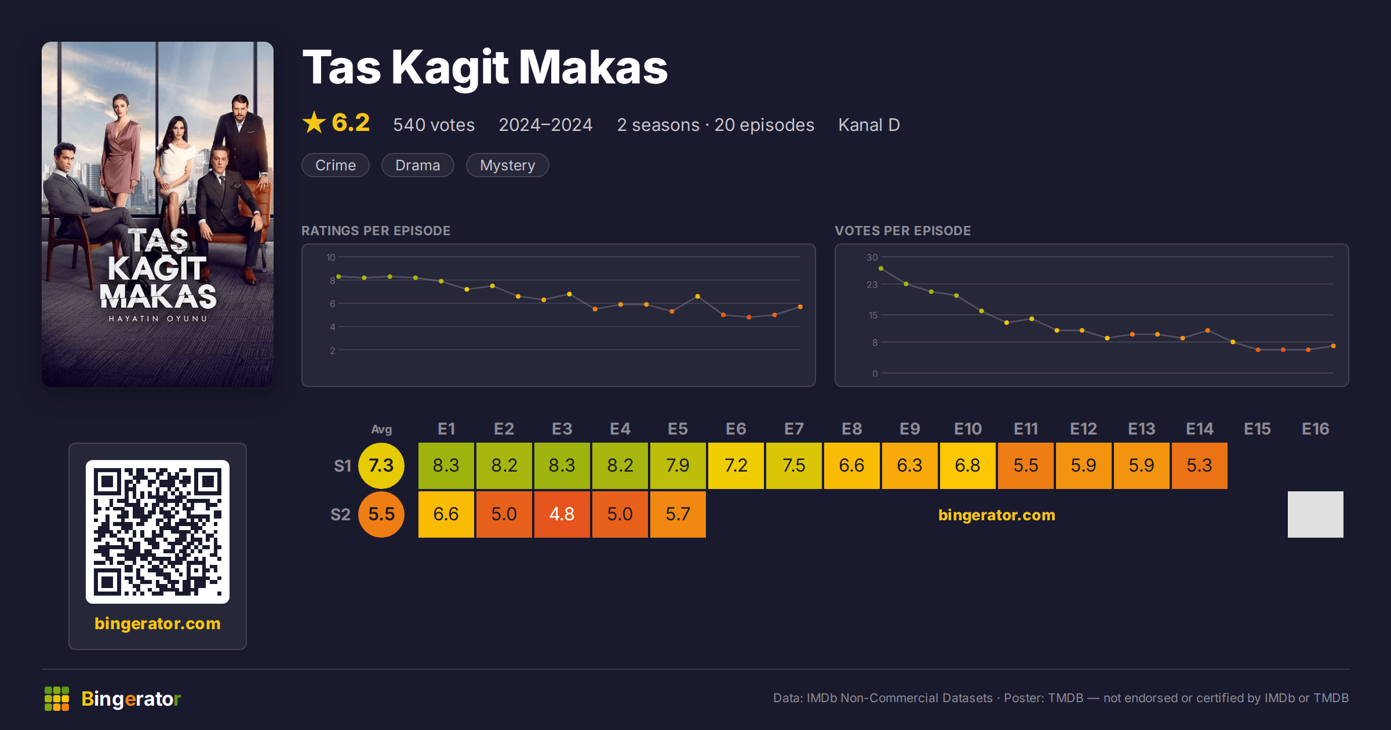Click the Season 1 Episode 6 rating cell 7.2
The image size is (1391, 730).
point(736,466)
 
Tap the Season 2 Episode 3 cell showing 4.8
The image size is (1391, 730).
point(562,514)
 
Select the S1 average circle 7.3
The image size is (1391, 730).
point(381,466)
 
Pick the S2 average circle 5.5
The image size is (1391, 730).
point(381,514)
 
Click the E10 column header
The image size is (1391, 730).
point(968,429)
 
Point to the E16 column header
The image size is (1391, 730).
point(1316,429)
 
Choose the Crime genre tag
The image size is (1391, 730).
point(336,165)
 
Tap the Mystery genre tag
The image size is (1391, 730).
point(508,165)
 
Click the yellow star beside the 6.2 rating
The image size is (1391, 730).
point(314,122)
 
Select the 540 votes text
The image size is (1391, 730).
point(434,125)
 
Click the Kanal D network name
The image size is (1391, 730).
point(869,125)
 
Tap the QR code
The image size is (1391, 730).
point(158,532)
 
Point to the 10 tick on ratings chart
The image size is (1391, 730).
point(331,257)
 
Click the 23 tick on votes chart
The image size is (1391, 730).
point(872,284)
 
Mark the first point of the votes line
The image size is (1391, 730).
point(881,269)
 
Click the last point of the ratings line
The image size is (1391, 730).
point(800,307)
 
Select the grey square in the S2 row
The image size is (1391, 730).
point(1316,514)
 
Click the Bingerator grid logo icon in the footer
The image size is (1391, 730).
point(57,699)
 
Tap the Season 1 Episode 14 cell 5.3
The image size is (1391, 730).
point(1200,466)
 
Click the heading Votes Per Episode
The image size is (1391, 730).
point(903,231)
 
